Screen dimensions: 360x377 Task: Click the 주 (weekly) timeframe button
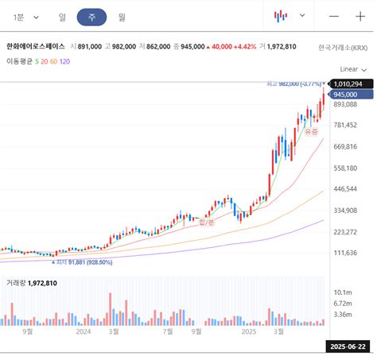coord(92,16)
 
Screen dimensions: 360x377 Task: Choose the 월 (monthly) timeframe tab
coord(122,16)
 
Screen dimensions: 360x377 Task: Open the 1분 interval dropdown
coord(25,16)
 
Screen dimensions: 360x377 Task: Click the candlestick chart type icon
coord(281,16)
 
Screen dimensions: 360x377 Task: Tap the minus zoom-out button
coord(334,16)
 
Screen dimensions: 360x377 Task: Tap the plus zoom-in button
coord(360,16)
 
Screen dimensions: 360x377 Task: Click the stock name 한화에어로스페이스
coord(36,47)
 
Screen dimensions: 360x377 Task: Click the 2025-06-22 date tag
coord(347,346)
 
